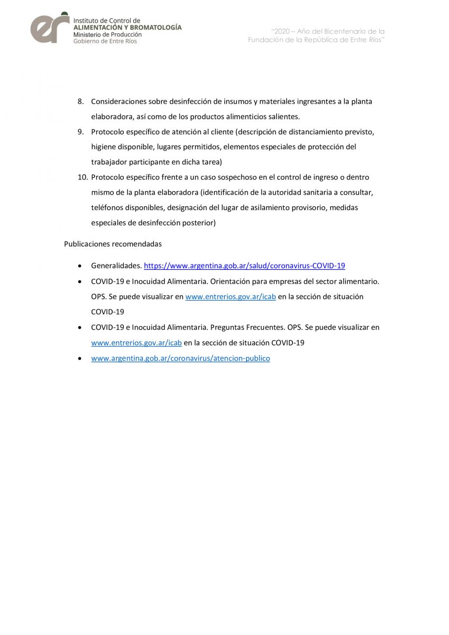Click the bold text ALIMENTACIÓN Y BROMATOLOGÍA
pyautogui.click(x=127, y=27)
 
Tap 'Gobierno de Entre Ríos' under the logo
pyautogui.click(x=105, y=41)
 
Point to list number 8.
pyautogui.click(x=81, y=101)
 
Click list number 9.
pyautogui.click(x=81, y=132)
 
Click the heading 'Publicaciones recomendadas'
pyautogui.click(x=113, y=244)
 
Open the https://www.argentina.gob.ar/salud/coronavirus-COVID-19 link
pyautogui.click(x=244, y=266)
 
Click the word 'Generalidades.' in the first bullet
pyautogui.click(x=116, y=266)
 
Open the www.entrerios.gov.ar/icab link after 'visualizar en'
pyautogui.click(x=230, y=297)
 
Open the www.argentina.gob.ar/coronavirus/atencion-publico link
pyautogui.click(x=180, y=358)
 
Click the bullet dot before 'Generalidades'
pyautogui.click(x=79, y=266)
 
